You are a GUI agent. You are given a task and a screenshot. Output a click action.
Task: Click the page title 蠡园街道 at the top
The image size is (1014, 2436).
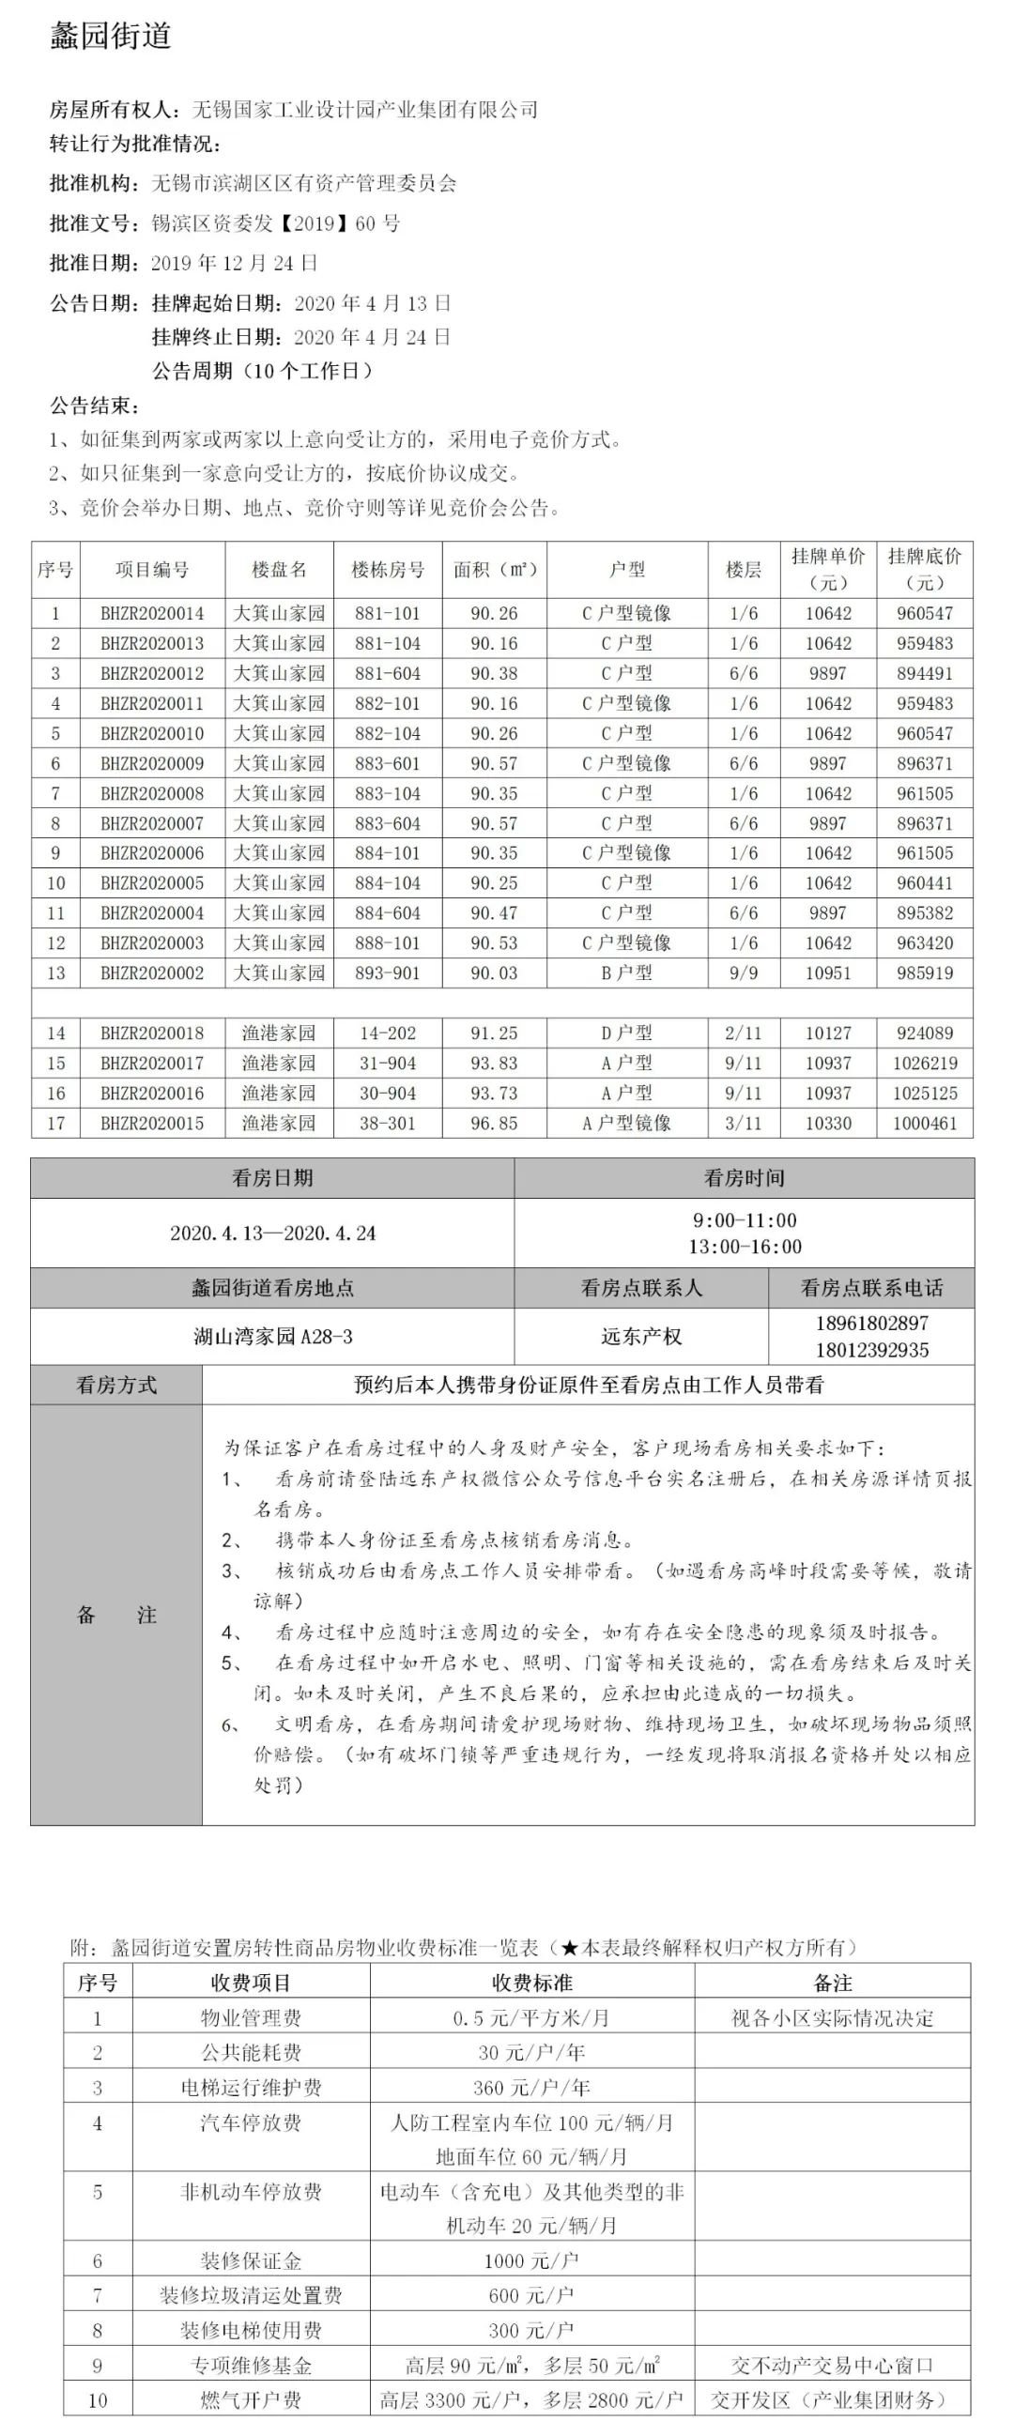(110, 36)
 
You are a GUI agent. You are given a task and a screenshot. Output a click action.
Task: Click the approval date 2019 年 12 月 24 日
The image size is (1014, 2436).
(235, 263)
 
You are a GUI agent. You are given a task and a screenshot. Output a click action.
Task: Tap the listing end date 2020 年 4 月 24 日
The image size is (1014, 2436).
(372, 337)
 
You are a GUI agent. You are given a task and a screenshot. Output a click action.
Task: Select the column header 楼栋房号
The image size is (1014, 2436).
(388, 569)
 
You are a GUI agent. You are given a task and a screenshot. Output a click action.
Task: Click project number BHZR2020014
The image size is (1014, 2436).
(152, 614)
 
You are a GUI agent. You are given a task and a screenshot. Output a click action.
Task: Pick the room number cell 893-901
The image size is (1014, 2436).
(388, 973)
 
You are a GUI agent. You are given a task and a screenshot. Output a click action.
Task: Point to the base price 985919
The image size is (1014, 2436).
(924, 973)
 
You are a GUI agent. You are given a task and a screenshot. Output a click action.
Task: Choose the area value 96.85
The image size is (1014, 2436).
(494, 1124)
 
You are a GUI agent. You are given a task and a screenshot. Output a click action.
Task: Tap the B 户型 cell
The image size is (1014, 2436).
(626, 973)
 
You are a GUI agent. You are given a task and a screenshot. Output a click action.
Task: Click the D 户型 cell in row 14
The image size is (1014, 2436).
(626, 1034)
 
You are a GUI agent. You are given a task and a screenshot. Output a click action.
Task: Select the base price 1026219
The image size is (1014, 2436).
(924, 1063)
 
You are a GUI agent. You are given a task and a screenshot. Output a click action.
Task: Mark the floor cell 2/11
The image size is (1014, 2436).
(744, 1034)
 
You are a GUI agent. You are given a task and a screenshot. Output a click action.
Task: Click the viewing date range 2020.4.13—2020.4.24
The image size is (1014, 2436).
(272, 1233)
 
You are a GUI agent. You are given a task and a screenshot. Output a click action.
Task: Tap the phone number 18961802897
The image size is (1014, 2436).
(871, 1323)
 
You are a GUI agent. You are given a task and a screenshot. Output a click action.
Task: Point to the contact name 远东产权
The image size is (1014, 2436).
(640, 1336)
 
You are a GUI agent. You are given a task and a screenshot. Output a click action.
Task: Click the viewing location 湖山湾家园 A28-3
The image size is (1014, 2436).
(272, 1336)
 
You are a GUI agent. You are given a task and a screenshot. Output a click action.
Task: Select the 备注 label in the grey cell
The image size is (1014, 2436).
(116, 1615)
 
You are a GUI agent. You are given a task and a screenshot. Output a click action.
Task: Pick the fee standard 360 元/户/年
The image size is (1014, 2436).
(530, 2087)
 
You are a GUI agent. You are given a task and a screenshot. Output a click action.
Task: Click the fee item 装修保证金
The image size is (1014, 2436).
(251, 2260)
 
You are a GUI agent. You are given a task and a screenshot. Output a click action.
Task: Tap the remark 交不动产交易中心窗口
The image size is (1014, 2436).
(832, 2364)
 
